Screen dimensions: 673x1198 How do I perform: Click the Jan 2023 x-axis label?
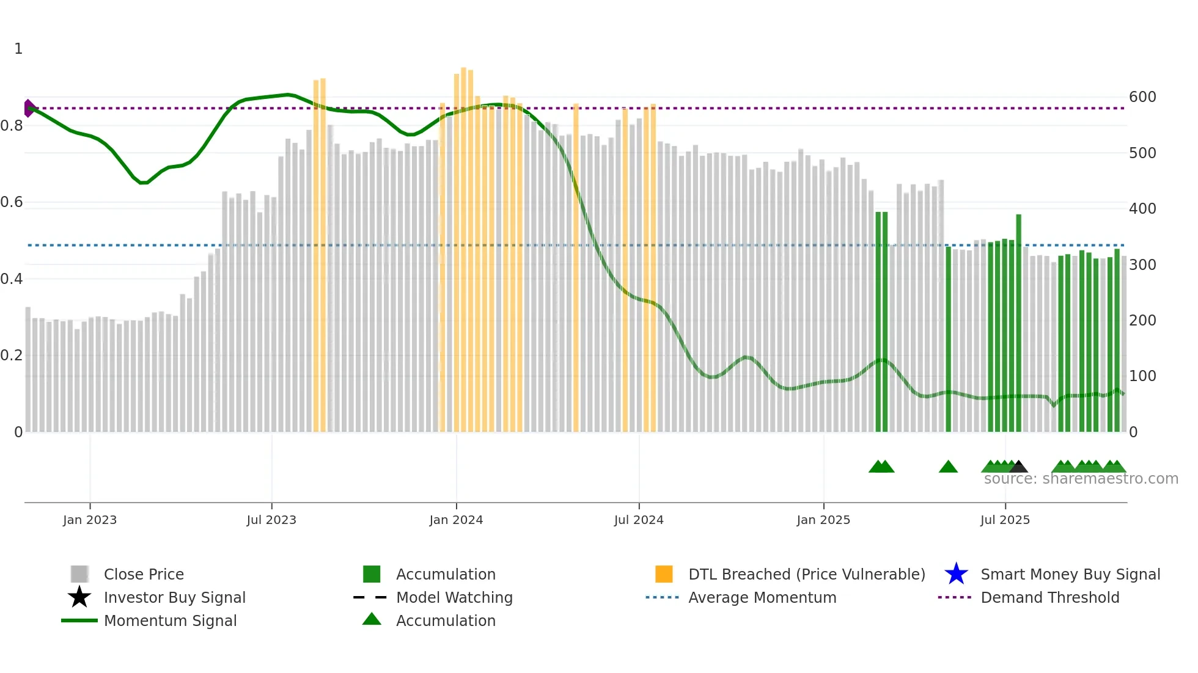point(90,520)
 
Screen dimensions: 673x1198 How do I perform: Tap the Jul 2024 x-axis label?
point(639,520)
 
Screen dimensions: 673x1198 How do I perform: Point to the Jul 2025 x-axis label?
point(1005,520)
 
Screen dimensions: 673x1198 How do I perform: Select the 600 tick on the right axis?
point(1142,97)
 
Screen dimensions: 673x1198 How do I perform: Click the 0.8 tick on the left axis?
point(12,126)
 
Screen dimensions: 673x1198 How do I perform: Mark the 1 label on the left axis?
point(18,49)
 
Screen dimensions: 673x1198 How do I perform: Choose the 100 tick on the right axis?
point(1142,376)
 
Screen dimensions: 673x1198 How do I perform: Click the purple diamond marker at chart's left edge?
point(29,108)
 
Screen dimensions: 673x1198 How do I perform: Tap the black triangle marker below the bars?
point(1018,467)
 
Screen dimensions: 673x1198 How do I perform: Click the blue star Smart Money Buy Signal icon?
point(956,574)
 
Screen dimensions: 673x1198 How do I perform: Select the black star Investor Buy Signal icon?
point(79,597)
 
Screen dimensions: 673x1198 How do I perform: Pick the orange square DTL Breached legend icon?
point(664,574)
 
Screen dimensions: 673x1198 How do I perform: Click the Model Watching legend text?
point(454,597)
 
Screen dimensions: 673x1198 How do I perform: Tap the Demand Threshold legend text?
point(1049,597)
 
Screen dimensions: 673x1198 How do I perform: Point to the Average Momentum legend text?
point(762,597)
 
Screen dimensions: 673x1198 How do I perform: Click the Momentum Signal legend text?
point(170,620)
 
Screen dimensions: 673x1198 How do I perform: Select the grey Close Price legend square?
point(79,574)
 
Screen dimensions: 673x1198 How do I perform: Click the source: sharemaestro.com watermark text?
point(1081,479)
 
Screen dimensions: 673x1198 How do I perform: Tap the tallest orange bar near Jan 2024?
point(463,244)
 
